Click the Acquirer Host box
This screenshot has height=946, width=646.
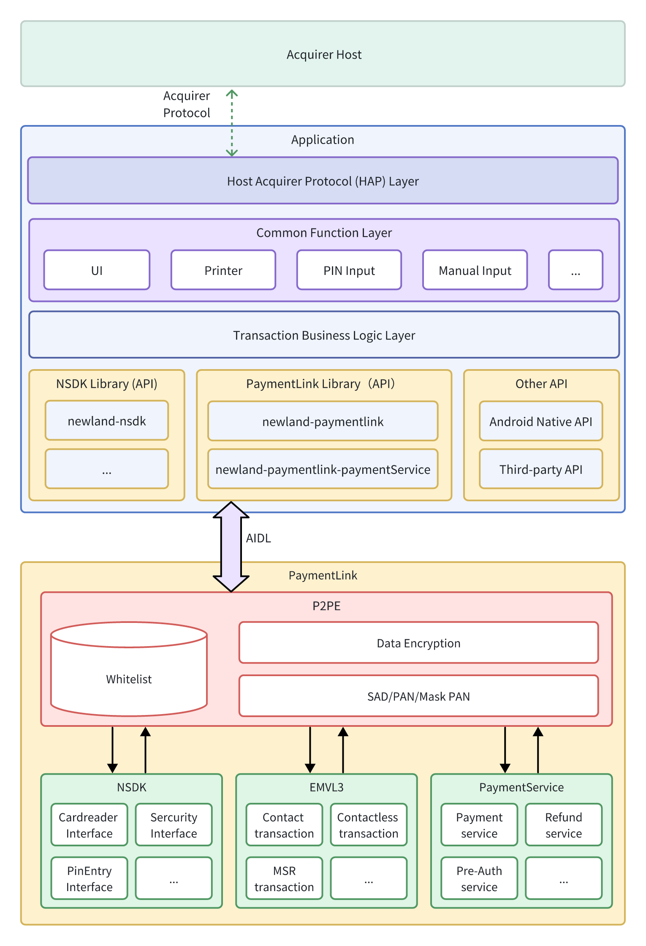pyautogui.click(x=323, y=54)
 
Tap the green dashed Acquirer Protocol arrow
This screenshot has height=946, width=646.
pyautogui.click(x=232, y=123)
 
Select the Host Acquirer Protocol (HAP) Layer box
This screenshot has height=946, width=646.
pyautogui.click(x=323, y=181)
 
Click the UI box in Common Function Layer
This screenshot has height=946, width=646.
pyautogui.click(x=97, y=270)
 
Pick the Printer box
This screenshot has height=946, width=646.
pyautogui.click(x=223, y=270)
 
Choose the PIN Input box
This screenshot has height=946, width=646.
pyautogui.click(x=349, y=270)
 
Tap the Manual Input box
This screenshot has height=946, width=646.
pyautogui.click(x=475, y=270)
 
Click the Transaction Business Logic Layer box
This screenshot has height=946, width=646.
pyautogui.click(x=324, y=335)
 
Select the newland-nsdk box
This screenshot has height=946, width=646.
pyautogui.click(x=107, y=421)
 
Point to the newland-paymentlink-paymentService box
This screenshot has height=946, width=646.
pyautogui.click(x=323, y=469)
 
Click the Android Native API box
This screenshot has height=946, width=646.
pyautogui.click(x=541, y=421)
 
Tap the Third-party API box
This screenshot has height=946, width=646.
pyautogui.click(x=541, y=469)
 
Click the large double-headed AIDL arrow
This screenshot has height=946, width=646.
pyautogui.click(x=231, y=546)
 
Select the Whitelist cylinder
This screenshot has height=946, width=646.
pyautogui.click(x=129, y=669)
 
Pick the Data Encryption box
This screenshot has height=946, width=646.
pyautogui.click(x=418, y=643)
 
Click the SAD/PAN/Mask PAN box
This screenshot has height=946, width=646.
pyautogui.click(x=418, y=696)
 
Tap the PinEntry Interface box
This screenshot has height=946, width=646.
pyautogui.click(x=89, y=878)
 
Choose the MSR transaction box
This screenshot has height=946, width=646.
pyautogui.click(x=284, y=878)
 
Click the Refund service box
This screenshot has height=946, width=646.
pyautogui.click(x=564, y=825)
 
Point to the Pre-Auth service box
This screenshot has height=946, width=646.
pyautogui.click(x=479, y=878)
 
